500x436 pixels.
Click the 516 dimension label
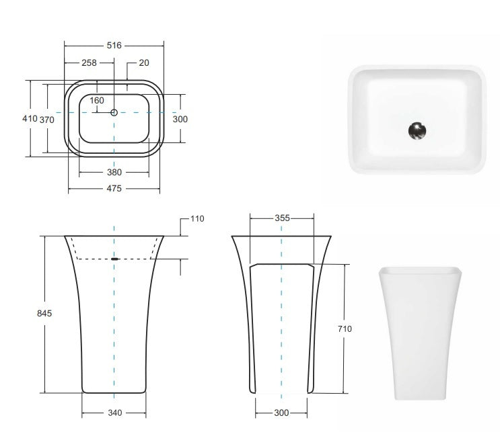(x=114, y=46)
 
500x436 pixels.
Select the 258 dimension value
(x=89, y=62)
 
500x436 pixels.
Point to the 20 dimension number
(x=144, y=62)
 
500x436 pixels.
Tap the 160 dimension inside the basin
(x=97, y=101)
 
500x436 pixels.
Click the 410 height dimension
(x=30, y=118)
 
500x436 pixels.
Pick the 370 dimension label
(x=46, y=119)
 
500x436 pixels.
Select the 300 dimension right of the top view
(x=180, y=119)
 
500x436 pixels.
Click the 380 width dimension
(x=114, y=172)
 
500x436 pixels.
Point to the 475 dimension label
(x=114, y=189)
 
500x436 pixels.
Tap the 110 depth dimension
(x=197, y=219)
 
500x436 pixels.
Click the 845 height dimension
(x=44, y=313)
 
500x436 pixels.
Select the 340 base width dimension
(x=114, y=412)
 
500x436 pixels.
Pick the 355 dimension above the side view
(x=282, y=218)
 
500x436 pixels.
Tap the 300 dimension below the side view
(x=281, y=412)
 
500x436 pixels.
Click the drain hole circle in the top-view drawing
(x=114, y=112)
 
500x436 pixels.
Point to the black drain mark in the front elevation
(x=114, y=259)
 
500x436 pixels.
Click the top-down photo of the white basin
(x=418, y=119)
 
